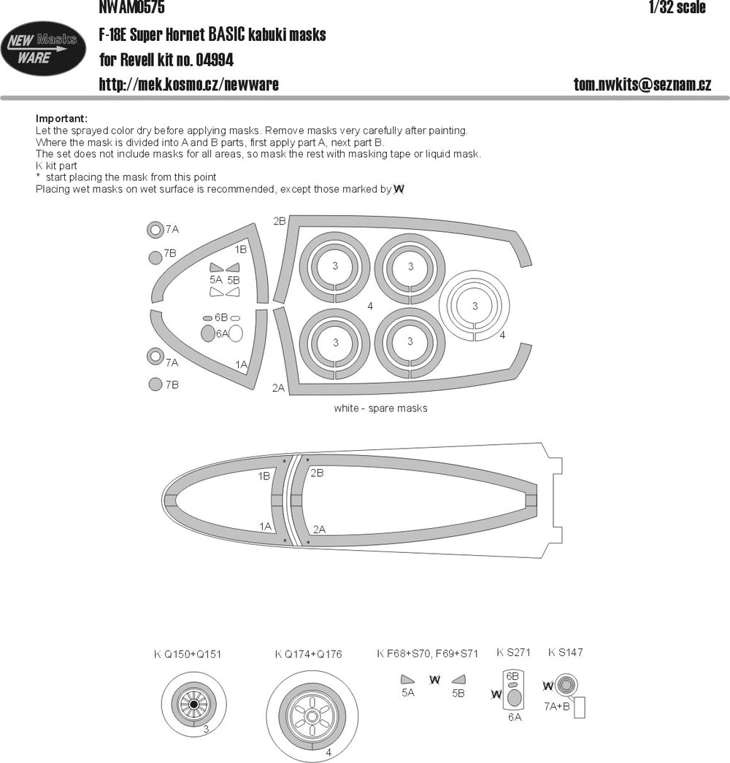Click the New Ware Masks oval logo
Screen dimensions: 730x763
pos(43,48)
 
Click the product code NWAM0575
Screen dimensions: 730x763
pos(131,7)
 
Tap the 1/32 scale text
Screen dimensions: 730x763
pos(677,7)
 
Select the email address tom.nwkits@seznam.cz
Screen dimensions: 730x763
pos(642,84)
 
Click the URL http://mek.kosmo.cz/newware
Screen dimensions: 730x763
pos(189,84)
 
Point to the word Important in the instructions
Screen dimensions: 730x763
pos(61,119)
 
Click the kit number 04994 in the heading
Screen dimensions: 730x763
pos(215,60)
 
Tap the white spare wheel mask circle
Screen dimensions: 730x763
pos(474,305)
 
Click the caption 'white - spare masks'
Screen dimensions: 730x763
pos(380,408)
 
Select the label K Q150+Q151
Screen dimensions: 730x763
pos(188,654)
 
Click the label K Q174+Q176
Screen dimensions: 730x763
pos(308,654)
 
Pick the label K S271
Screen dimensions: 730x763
pos(513,653)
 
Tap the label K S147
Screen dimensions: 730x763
pos(566,653)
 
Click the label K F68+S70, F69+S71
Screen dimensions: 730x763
pos(427,654)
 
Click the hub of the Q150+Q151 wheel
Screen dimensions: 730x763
pos(194,704)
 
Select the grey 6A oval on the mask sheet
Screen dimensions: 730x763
pos(208,333)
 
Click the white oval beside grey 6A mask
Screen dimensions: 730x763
pos(236,333)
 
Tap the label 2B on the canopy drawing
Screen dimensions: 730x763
pos(317,473)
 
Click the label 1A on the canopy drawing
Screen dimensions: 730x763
pos(266,526)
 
